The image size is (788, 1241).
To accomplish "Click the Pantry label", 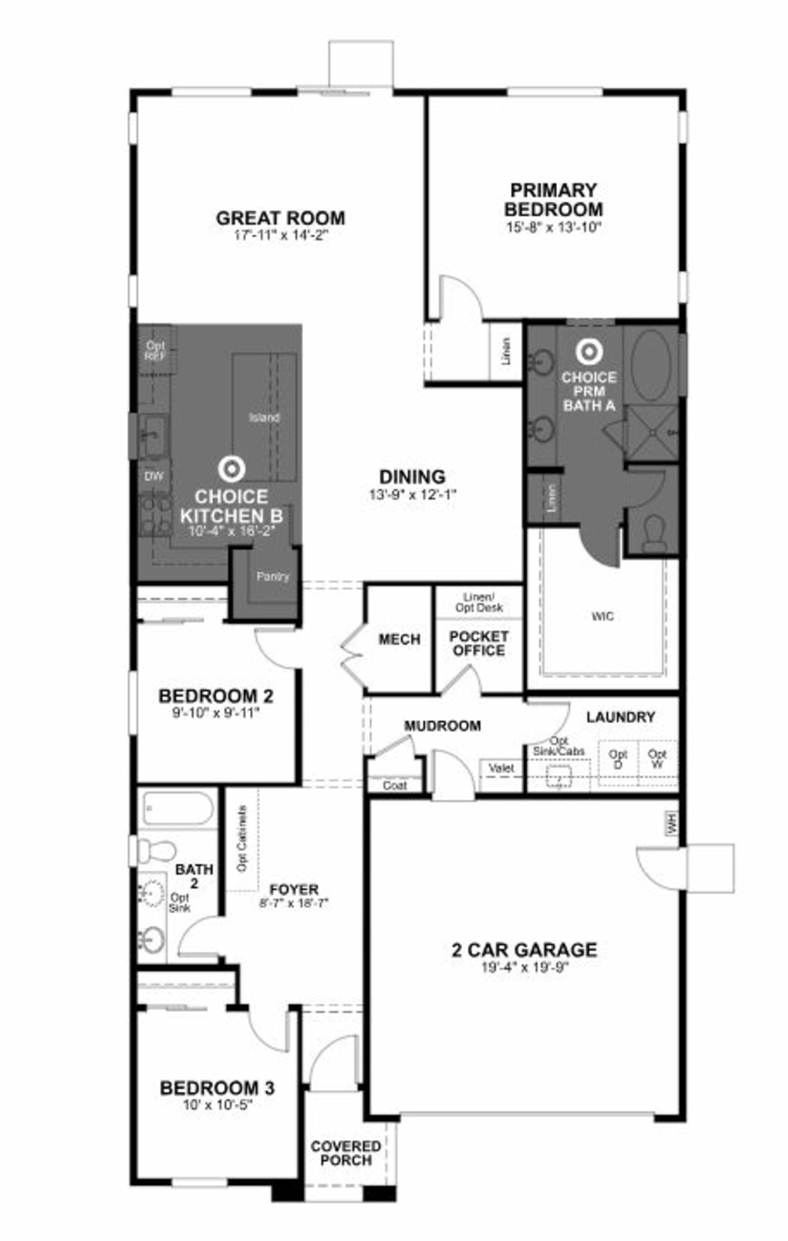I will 273,576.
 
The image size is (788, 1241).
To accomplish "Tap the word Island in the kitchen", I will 264,417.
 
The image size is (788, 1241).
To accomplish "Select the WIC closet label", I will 602,616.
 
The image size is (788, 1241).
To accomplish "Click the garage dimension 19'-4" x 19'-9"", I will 525,967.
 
